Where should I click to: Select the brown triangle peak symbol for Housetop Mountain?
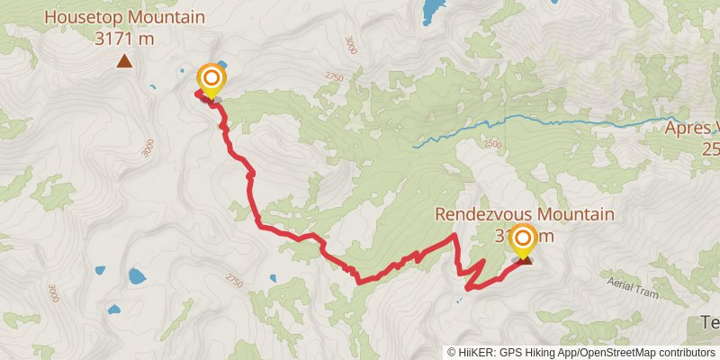click(x=124, y=61)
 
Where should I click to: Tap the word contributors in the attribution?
click(x=685, y=353)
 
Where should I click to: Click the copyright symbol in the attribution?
click(x=453, y=353)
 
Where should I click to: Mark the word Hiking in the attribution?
click(x=538, y=353)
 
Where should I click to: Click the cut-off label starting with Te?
click(x=709, y=322)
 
